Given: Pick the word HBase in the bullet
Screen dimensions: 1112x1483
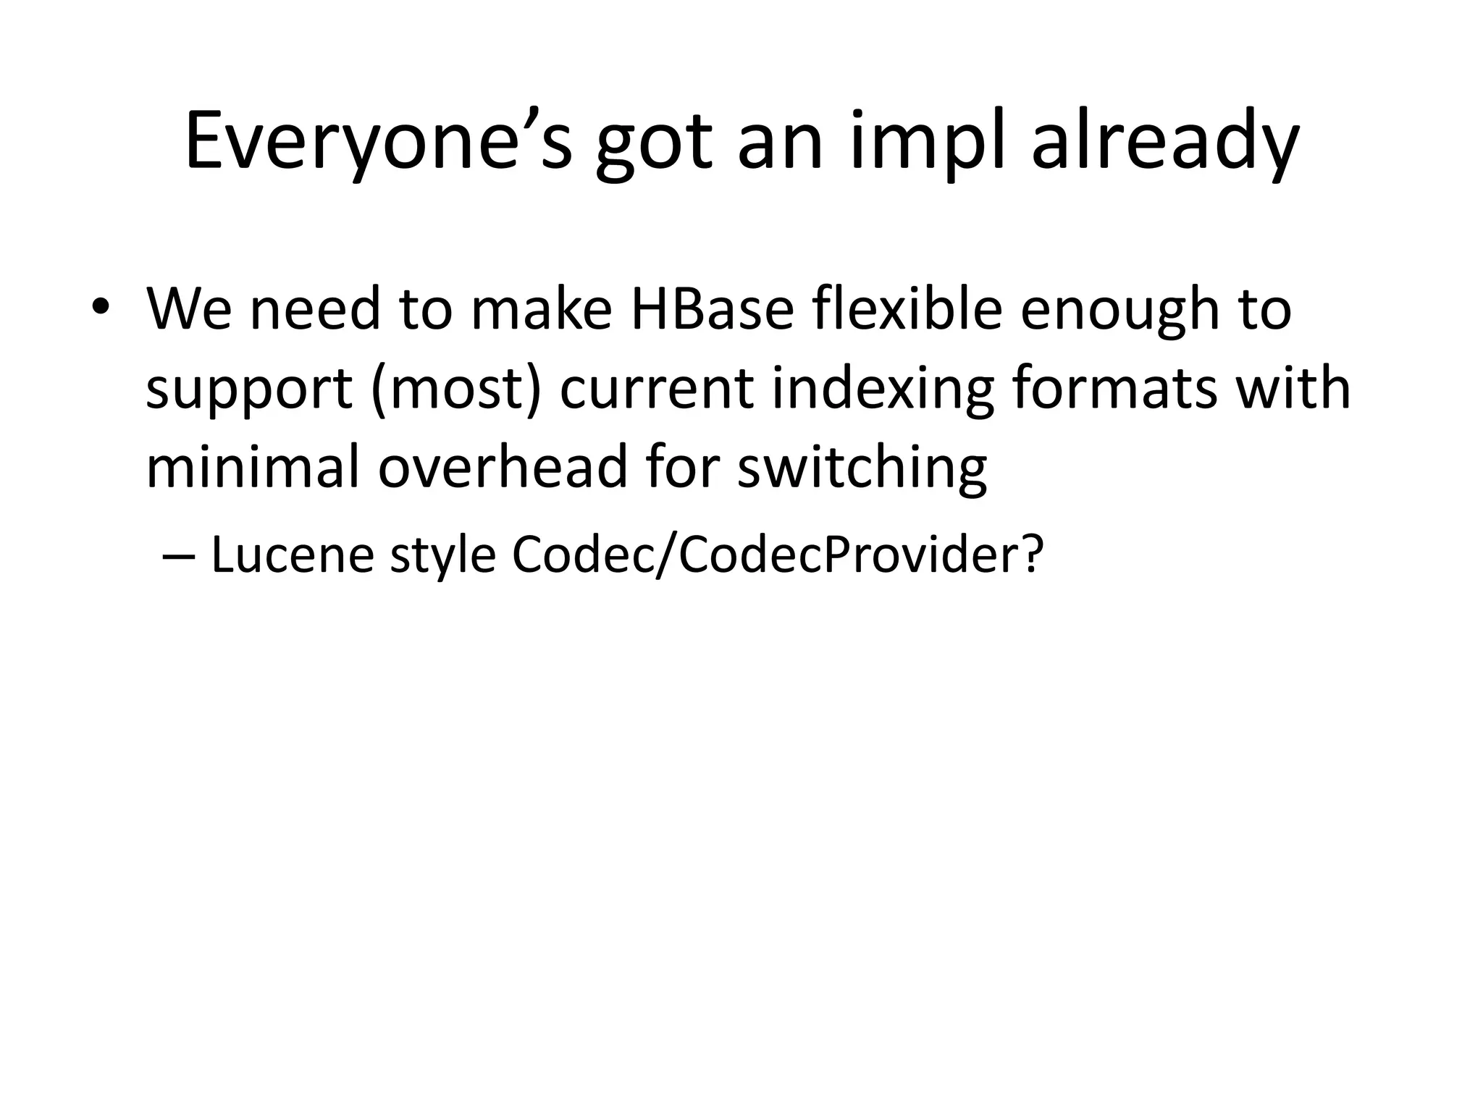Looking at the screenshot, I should pos(713,308).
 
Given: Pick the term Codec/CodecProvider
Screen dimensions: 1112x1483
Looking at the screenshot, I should pos(760,555).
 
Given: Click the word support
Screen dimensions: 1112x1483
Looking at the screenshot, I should pos(249,391).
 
